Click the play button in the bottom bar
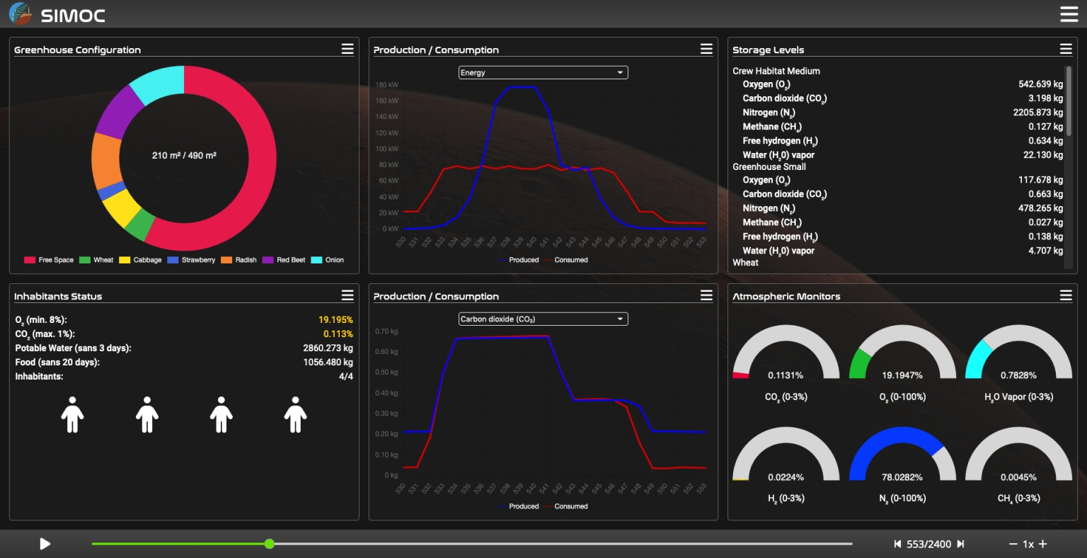(45, 544)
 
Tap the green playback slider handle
(270, 544)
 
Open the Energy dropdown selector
(543, 72)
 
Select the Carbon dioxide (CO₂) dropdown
(543, 319)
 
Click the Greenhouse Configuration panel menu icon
(347, 49)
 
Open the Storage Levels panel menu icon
(1066, 49)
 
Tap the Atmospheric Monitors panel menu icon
(1066, 295)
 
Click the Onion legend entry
(328, 260)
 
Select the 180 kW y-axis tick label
(386, 85)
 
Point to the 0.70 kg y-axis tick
(386, 331)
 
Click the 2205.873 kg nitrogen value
(1037, 113)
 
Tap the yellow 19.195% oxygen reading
(335, 320)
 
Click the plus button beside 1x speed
(1042, 544)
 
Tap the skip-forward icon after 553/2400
(960, 544)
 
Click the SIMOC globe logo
(20, 13)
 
